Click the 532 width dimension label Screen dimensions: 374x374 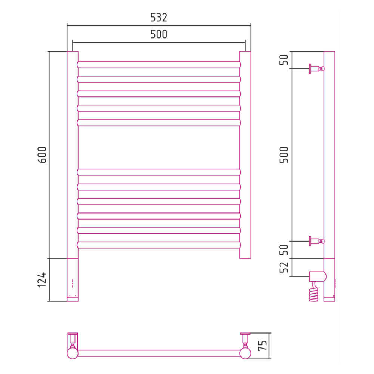(x=159, y=18)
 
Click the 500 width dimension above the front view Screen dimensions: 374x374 (x=159, y=34)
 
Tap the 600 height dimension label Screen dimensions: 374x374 (x=42, y=155)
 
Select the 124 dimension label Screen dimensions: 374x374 (x=42, y=279)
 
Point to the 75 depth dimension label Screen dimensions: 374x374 (x=263, y=345)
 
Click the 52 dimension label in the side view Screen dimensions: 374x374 (x=284, y=267)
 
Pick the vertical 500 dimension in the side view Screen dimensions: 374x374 (x=284, y=155)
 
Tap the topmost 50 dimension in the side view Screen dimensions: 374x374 (x=284, y=59)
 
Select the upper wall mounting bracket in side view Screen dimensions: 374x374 (x=316, y=69)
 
